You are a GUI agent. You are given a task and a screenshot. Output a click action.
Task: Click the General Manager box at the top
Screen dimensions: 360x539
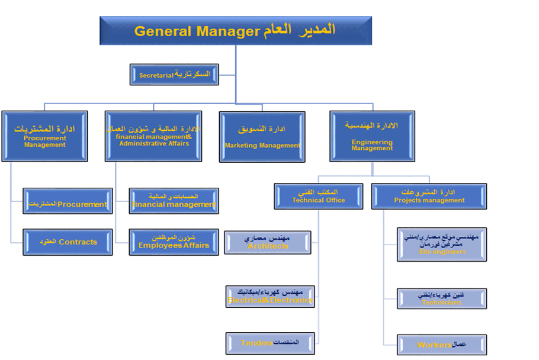click(x=236, y=31)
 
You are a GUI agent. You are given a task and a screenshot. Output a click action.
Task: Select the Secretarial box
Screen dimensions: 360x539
click(x=174, y=75)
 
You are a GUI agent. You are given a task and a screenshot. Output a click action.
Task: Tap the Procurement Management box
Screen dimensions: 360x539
click(x=44, y=136)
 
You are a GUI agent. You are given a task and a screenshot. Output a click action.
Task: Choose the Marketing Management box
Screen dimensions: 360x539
click(x=262, y=136)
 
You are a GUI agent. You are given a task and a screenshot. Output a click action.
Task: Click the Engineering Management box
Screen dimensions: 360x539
click(x=372, y=136)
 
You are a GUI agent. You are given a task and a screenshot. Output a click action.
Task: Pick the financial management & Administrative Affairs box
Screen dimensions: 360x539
click(x=153, y=136)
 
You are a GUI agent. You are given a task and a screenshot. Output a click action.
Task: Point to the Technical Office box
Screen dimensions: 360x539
click(x=319, y=196)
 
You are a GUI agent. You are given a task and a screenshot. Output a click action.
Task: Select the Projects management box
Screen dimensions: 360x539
click(x=429, y=196)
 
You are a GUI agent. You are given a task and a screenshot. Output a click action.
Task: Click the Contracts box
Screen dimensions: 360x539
click(x=68, y=242)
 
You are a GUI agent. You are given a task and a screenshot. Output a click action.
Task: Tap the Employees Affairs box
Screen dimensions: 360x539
click(x=174, y=242)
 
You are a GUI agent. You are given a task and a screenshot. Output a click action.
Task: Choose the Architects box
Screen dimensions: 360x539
click(x=268, y=242)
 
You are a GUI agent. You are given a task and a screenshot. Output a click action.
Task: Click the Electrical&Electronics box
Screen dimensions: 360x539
click(x=270, y=297)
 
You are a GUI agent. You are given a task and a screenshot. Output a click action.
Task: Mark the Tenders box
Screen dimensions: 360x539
click(x=270, y=343)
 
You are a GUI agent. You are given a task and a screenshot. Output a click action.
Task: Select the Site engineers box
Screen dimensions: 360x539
click(x=442, y=244)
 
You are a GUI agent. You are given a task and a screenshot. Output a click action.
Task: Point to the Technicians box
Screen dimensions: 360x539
click(x=442, y=298)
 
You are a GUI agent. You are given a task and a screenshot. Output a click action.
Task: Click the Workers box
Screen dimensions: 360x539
click(x=442, y=345)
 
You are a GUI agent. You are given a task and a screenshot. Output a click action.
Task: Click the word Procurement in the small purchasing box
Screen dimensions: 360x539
click(x=82, y=204)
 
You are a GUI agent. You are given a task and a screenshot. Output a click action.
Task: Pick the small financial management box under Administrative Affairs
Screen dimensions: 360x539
click(x=174, y=201)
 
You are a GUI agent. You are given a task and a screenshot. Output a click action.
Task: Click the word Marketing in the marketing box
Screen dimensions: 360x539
click(x=240, y=146)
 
